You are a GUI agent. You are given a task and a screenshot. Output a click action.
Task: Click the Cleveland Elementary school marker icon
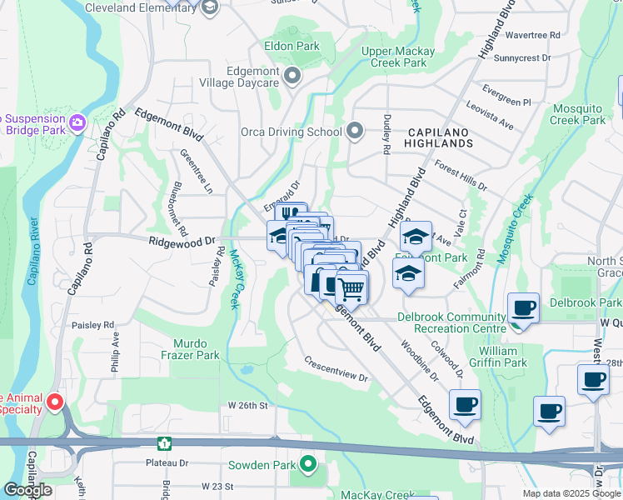(x=209, y=7)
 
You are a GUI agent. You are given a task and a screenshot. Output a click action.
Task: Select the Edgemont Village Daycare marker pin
(x=292, y=77)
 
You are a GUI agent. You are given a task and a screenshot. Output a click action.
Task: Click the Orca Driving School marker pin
(x=356, y=131)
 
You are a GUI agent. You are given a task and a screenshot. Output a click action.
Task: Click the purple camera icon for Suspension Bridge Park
(x=78, y=123)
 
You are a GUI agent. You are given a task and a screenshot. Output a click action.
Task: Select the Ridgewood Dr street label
(x=182, y=241)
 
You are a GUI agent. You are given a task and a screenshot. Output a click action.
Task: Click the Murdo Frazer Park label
(x=197, y=349)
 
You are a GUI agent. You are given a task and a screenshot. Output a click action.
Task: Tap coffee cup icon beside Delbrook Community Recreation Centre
(x=523, y=309)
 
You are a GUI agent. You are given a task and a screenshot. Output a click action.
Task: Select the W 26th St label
(x=247, y=406)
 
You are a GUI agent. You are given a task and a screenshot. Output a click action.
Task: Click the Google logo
(x=27, y=490)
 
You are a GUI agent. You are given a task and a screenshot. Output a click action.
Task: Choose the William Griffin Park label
(x=503, y=357)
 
